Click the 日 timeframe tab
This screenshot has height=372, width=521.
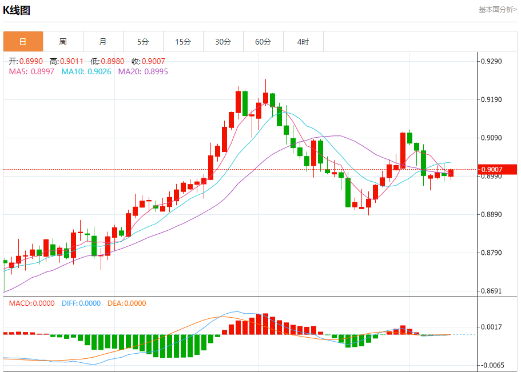click(23, 42)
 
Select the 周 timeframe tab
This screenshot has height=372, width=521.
click(63, 42)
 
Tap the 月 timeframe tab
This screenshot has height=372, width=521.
click(103, 42)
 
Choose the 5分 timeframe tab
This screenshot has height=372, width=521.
click(143, 42)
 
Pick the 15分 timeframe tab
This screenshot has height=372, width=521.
click(183, 42)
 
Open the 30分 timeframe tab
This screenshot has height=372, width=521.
click(223, 42)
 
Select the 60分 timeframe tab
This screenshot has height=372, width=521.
click(263, 42)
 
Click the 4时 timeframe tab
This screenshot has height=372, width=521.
click(303, 42)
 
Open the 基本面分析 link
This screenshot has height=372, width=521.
click(498, 10)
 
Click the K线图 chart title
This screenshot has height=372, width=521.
click(17, 10)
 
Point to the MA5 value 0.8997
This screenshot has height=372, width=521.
click(42, 71)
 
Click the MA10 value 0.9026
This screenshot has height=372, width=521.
click(99, 71)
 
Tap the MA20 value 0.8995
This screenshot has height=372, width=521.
click(156, 71)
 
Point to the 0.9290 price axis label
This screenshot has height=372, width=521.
click(493, 61)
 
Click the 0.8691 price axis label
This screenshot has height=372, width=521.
click(493, 291)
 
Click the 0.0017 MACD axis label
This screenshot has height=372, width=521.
click(493, 327)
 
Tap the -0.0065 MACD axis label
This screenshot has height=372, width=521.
click(492, 365)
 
